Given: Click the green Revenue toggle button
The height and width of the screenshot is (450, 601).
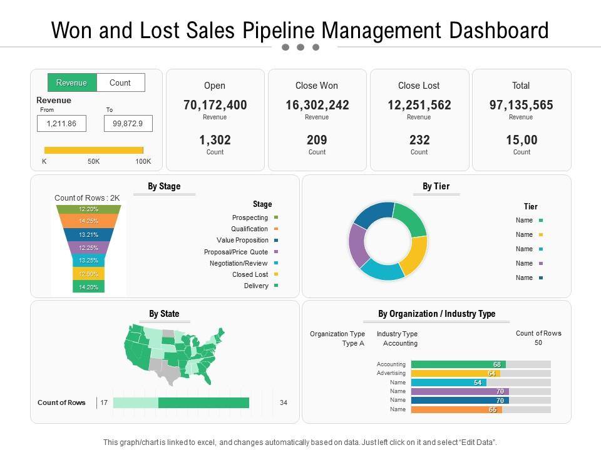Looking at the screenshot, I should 72,82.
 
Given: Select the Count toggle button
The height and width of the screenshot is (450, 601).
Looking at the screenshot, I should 120,82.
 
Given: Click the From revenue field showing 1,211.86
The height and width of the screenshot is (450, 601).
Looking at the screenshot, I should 61,124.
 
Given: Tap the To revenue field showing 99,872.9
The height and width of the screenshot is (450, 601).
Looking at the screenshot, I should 128,124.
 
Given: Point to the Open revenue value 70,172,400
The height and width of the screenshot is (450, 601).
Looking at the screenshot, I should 215,105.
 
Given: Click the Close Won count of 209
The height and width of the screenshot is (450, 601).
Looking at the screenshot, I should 317,140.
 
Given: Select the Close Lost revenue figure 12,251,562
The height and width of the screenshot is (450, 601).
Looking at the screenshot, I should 419,105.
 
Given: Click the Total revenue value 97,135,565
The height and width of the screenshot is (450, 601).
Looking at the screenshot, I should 521,105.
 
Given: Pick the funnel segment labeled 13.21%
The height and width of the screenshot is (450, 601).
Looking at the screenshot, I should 88,235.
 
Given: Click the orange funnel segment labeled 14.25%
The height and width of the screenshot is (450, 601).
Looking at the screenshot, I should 88,221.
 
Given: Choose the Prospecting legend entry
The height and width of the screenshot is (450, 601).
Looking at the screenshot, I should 250,217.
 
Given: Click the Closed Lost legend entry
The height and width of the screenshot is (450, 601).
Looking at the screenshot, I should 250,274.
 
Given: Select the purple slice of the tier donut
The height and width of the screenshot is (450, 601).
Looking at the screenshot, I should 357,245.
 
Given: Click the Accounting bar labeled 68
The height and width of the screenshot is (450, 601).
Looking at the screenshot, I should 458,364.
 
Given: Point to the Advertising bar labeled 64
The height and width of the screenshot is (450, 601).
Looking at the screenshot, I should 455,373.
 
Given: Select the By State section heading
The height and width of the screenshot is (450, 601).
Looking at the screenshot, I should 164,314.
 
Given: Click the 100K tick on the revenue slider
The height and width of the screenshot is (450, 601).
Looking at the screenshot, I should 143,161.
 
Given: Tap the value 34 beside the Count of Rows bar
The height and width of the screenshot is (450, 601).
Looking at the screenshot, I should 283,402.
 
